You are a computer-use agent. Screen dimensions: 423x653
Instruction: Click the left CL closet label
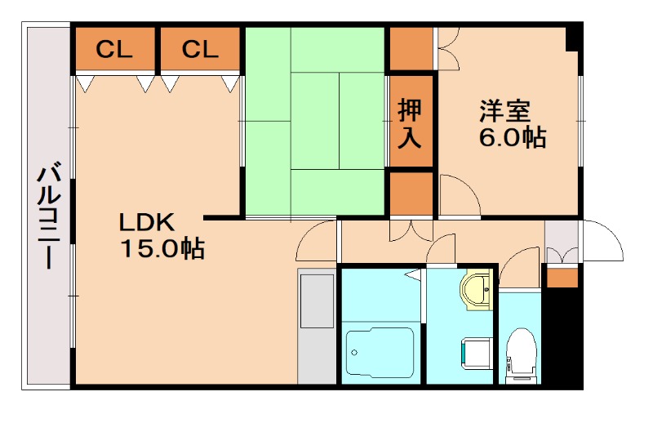pyautogui.click(x=114, y=50)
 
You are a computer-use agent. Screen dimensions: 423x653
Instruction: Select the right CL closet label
pyautogui.click(x=200, y=50)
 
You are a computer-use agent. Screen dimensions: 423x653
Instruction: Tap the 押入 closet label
pyautogui.click(x=410, y=122)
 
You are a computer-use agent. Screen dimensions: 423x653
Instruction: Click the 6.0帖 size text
pyautogui.click(x=512, y=137)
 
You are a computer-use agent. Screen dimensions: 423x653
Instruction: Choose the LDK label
pyautogui.click(x=147, y=221)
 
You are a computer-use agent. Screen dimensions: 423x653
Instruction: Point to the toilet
pyautogui.click(x=519, y=354)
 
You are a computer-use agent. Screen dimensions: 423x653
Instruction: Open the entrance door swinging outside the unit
pyautogui.click(x=602, y=242)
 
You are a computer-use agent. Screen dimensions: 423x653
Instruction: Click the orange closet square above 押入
pyautogui.click(x=411, y=49)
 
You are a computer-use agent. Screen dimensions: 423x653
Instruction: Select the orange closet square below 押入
pyautogui.click(x=411, y=193)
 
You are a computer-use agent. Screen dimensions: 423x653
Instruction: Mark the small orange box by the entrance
pyautogui.click(x=561, y=277)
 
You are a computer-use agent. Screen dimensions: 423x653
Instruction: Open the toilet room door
pyautogui.click(x=518, y=270)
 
